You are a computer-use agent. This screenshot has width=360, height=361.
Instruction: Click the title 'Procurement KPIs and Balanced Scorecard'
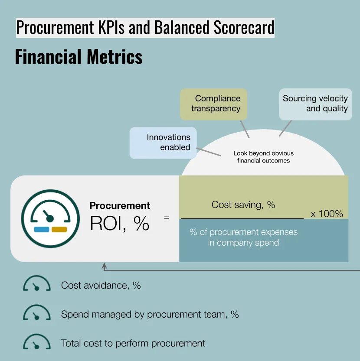(145, 27)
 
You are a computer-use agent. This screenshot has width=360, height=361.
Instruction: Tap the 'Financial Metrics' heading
(79, 57)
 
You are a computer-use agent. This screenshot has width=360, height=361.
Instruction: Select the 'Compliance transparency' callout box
(213, 104)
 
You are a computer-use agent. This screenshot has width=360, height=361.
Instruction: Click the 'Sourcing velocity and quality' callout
(315, 104)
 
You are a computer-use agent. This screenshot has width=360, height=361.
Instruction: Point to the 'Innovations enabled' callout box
(164, 142)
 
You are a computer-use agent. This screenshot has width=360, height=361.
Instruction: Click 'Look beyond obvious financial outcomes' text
(263, 157)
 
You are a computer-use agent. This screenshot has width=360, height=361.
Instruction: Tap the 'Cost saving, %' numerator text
(243, 205)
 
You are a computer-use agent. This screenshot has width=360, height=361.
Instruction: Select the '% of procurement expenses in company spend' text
(243, 237)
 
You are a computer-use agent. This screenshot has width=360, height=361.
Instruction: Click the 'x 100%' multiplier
(327, 214)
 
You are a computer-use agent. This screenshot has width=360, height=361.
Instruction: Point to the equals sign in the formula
(166, 218)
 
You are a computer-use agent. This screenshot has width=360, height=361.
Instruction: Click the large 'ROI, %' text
(119, 223)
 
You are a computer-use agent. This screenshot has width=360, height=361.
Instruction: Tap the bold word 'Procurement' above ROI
(120, 206)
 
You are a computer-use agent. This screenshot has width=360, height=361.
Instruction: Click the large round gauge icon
(50, 218)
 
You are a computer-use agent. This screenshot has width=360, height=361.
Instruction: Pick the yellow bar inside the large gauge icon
(59, 229)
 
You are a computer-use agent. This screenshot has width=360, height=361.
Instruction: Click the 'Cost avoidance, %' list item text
(101, 285)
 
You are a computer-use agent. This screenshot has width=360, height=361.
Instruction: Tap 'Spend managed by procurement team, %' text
(150, 314)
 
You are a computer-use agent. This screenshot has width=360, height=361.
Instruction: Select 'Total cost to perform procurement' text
(133, 343)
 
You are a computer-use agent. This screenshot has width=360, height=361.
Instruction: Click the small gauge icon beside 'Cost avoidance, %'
(36, 284)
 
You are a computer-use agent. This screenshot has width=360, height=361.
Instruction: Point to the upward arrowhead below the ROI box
(104, 266)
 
